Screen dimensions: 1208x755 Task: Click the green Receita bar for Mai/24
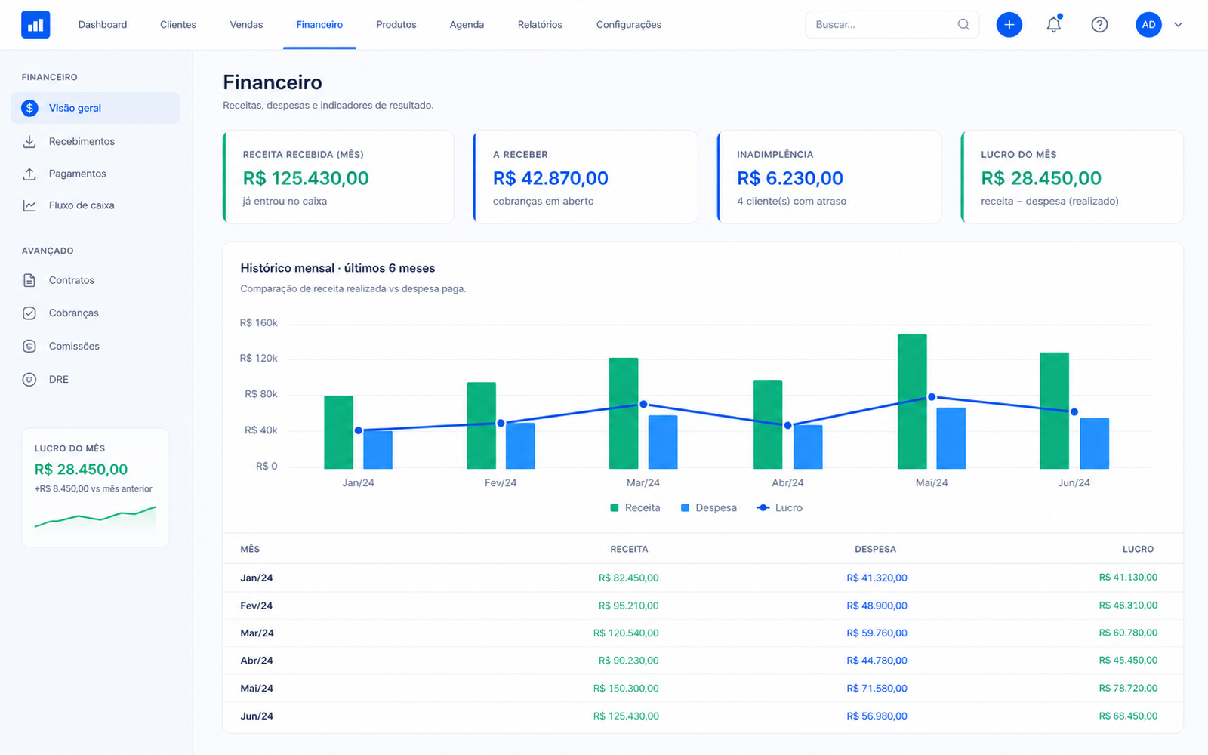click(912, 401)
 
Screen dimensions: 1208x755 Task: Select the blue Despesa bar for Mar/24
click(663, 442)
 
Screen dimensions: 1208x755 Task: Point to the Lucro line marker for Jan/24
click(358, 430)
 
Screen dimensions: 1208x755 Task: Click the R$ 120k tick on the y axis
click(258, 358)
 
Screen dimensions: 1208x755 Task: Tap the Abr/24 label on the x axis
click(787, 482)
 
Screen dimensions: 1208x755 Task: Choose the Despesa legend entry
click(709, 507)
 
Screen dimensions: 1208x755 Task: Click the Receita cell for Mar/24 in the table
click(626, 633)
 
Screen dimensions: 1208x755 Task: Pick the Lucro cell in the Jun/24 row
click(1128, 716)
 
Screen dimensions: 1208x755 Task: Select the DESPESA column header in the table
click(875, 549)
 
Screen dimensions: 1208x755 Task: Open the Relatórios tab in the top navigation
click(540, 24)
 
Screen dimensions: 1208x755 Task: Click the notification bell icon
click(1054, 24)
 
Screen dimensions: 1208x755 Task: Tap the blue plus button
click(1009, 25)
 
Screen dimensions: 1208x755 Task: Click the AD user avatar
click(1148, 25)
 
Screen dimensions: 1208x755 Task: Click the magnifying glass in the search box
click(963, 24)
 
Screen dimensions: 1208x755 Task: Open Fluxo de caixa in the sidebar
click(82, 205)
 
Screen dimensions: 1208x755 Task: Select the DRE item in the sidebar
click(59, 379)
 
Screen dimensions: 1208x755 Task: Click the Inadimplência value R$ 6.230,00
click(790, 178)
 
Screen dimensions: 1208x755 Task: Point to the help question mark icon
click(1099, 25)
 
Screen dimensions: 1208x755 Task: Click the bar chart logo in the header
click(35, 24)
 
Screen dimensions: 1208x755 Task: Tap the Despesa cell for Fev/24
click(877, 605)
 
